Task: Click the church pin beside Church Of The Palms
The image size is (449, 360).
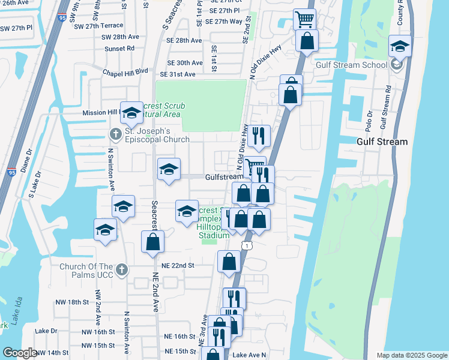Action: click(122, 268)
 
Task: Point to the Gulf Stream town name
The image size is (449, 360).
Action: click(382, 142)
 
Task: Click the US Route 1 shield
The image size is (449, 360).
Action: click(246, 245)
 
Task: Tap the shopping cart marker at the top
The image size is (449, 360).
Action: click(304, 19)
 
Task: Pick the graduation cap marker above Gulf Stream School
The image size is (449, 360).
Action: click(400, 46)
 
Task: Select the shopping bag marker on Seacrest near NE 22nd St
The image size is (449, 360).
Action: click(152, 242)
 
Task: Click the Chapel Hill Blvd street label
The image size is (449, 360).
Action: click(125, 71)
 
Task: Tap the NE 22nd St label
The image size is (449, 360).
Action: click(178, 265)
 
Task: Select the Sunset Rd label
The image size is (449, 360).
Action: click(119, 49)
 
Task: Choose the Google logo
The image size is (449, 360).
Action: click(19, 353)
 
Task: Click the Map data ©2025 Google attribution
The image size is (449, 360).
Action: click(411, 355)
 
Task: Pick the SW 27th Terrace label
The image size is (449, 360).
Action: click(96, 26)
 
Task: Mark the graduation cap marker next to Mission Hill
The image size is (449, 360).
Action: click(131, 112)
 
